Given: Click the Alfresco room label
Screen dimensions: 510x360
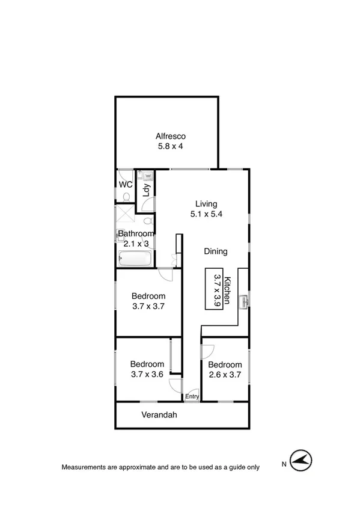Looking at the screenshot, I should pyautogui.click(x=166, y=135).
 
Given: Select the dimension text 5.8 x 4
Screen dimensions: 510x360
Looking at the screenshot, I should pyautogui.click(x=166, y=146).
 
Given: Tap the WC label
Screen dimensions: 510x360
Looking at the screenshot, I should pyautogui.click(x=125, y=185).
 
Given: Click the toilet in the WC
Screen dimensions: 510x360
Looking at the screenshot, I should pyautogui.click(x=126, y=195).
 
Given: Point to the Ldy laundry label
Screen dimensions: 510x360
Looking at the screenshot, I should pyautogui.click(x=146, y=190).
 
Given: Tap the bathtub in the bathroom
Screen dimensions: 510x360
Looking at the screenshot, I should pyautogui.click(x=135, y=260).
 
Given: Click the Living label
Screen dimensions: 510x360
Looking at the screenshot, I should pyautogui.click(x=206, y=203).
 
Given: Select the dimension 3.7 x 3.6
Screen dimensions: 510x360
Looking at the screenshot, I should pyautogui.click(x=147, y=374).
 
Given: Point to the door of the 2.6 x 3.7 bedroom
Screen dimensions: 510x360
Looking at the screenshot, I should pyautogui.click(x=208, y=348).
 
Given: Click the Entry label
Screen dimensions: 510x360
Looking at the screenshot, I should pyautogui.click(x=192, y=396).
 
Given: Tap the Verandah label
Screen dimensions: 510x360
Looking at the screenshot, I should pyautogui.click(x=159, y=414).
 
